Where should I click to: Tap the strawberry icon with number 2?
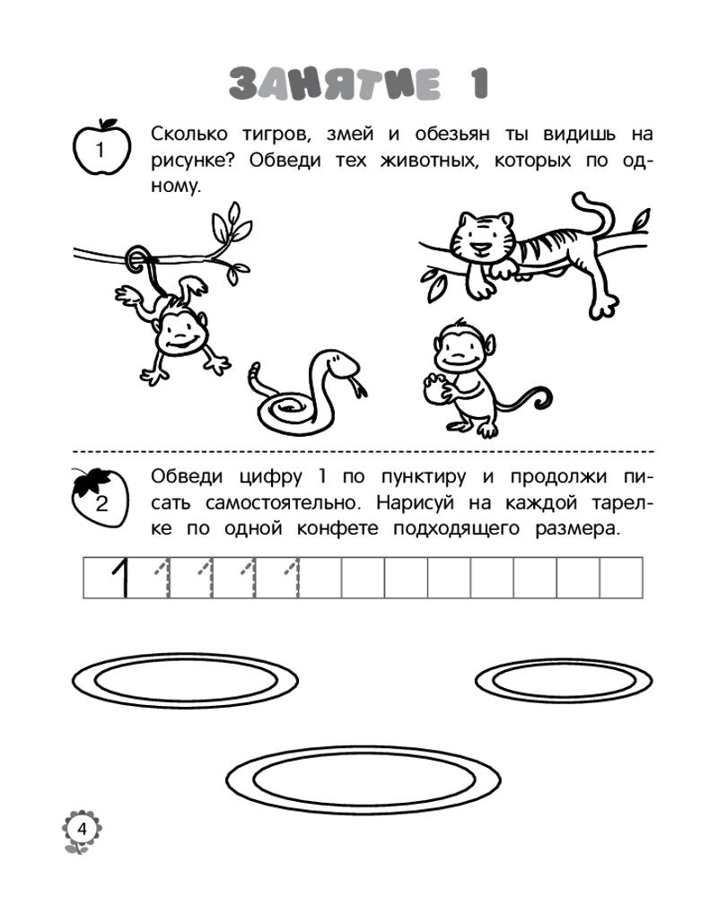tap(101, 498)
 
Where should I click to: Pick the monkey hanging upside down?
tap(171, 320)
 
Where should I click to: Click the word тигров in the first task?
tap(276, 135)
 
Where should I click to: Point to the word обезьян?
tap(452, 134)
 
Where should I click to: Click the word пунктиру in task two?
tap(424, 477)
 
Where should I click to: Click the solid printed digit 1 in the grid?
tap(119, 578)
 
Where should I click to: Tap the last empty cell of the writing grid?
tap(621, 578)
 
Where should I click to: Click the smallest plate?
tap(564, 681)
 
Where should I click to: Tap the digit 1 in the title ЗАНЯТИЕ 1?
tap(480, 83)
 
